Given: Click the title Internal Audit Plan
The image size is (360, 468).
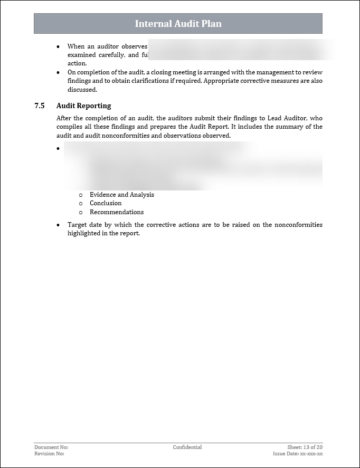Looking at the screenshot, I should coord(178,24).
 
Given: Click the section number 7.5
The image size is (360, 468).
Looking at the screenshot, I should coord(40,106).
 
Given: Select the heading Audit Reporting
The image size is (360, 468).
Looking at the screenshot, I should coord(83,106).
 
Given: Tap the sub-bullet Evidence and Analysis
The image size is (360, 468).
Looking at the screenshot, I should coord(122,195).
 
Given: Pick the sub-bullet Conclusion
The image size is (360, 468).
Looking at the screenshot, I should coord(106,203).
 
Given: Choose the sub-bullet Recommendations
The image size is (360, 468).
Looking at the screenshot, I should coord(117,212).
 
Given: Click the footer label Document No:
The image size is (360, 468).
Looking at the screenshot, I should coord(51,447).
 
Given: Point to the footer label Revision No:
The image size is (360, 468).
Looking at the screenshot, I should coord(50,454).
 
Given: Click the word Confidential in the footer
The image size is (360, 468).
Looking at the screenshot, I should coord(187,447).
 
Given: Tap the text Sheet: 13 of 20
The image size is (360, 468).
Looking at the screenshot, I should coord(305,447).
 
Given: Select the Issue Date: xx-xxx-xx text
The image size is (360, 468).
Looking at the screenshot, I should coord(298,454).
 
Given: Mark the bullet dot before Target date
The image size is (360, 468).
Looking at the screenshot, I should coord(59,225).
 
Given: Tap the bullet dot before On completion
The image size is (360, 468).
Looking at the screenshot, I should coord(59,72).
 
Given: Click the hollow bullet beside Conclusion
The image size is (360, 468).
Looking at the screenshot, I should coord(81,203).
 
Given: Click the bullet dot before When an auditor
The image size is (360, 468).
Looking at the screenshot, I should coord(59,46).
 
